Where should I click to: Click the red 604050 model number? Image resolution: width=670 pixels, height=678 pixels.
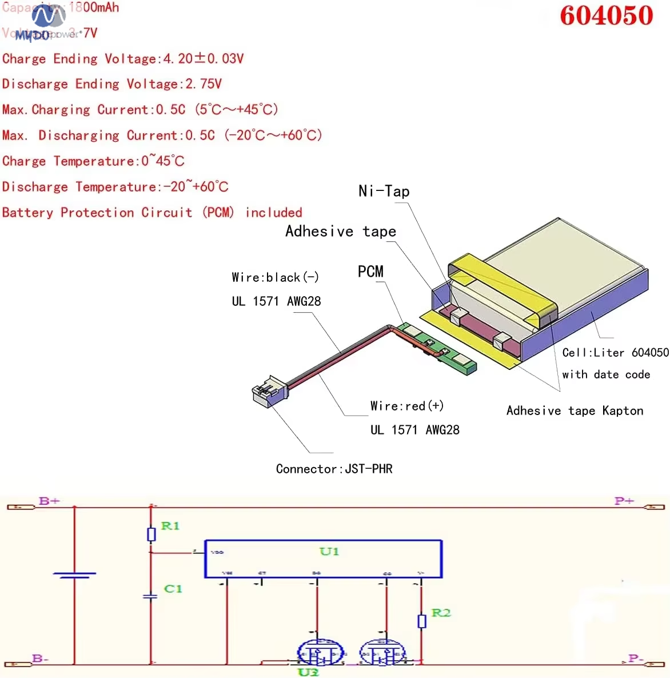(606, 15)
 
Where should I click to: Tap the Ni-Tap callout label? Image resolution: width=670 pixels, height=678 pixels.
(384, 191)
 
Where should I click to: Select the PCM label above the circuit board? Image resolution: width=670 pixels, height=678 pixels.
(370, 272)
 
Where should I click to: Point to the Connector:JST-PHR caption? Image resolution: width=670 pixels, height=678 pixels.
(334, 469)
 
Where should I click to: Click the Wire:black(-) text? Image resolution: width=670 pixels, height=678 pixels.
(275, 277)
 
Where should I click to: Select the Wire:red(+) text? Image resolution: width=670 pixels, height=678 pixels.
(406, 406)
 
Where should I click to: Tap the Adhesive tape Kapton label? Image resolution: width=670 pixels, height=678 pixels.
(575, 410)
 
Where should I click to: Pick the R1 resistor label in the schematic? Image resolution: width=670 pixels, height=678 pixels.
(170, 526)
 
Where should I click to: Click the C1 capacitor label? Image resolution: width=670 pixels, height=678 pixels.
(173, 588)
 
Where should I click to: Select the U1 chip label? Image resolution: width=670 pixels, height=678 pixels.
(329, 551)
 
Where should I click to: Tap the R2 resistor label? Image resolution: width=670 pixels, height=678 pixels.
(441, 613)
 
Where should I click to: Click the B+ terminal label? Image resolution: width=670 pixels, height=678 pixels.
(49, 501)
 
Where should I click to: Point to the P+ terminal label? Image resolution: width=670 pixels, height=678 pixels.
(624, 501)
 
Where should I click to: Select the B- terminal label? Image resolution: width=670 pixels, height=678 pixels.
(40, 659)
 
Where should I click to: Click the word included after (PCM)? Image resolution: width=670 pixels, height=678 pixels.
(273, 213)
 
